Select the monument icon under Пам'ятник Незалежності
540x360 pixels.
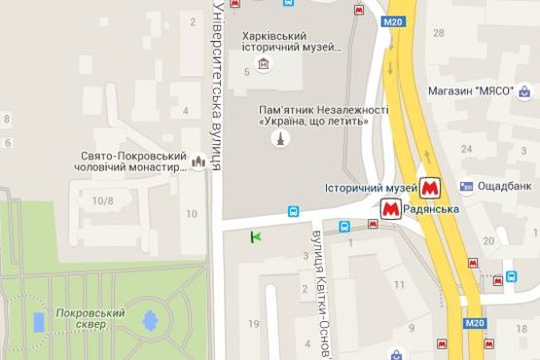[280, 139]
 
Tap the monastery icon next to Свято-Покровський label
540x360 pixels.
[200, 162]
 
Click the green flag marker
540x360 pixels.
[257, 235]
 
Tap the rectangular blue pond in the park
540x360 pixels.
[39, 321]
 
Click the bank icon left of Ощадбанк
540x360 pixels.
[468, 185]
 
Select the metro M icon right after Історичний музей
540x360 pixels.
[431, 186]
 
